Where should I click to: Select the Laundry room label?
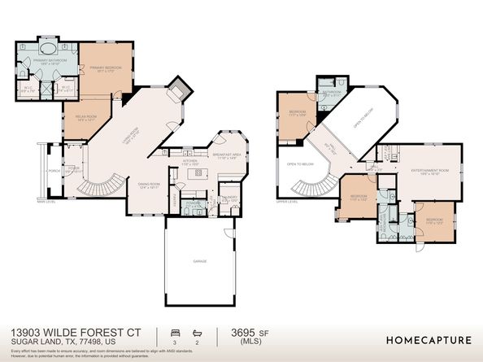[x=228, y=198]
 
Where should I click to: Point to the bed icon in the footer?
[x=173, y=332]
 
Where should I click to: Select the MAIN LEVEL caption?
[x=46, y=201]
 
